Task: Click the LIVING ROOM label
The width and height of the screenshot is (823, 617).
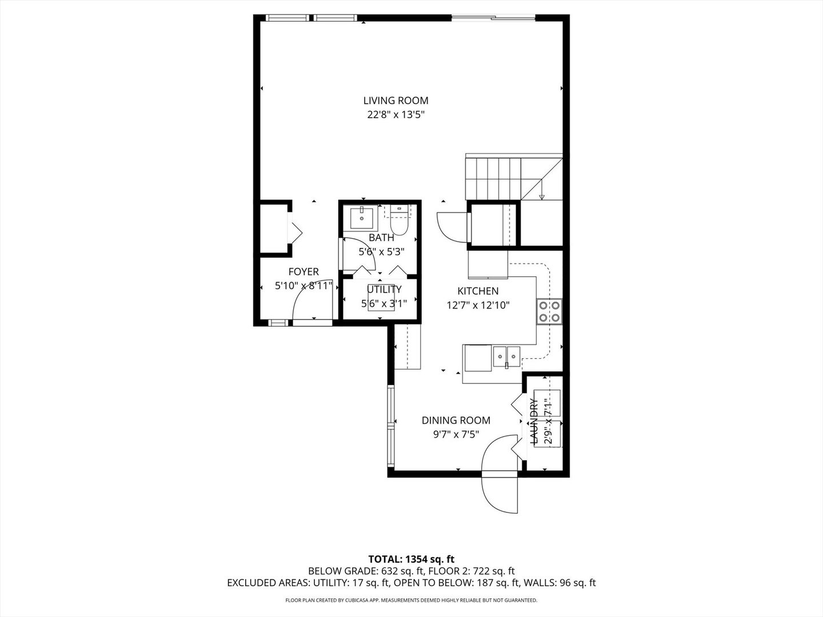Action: click(x=395, y=101)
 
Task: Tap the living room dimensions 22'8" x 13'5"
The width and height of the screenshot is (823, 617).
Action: click(x=395, y=114)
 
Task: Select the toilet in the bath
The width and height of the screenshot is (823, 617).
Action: click(x=398, y=221)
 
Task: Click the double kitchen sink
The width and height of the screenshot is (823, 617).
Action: click(x=506, y=356)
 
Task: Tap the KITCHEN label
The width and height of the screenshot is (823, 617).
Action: click(x=478, y=291)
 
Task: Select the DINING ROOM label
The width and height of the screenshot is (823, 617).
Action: click(x=456, y=420)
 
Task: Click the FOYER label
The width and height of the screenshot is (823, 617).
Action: click(x=303, y=271)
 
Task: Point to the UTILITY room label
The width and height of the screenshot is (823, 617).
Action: click(x=384, y=289)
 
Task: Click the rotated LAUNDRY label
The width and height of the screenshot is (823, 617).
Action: click(x=533, y=422)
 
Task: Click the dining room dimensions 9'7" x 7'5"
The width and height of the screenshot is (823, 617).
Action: click(x=456, y=435)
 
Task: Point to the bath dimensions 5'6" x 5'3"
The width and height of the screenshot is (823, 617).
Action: click(x=381, y=252)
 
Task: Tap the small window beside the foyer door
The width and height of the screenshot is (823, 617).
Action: click(x=278, y=323)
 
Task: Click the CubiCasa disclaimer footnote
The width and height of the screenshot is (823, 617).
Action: click(x=411, y=600)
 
